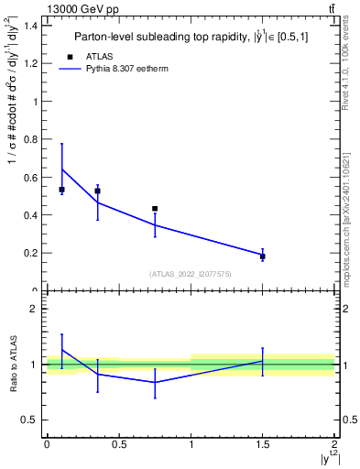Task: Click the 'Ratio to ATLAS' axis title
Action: (12, 364)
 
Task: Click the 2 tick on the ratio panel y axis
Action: (34, 309)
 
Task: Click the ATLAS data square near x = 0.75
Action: (155, 209)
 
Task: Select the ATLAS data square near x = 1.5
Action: (263, 256)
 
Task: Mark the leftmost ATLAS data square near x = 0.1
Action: (61, 190)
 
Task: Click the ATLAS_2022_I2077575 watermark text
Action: (191, 273)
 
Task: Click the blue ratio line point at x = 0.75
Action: (155, 382)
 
